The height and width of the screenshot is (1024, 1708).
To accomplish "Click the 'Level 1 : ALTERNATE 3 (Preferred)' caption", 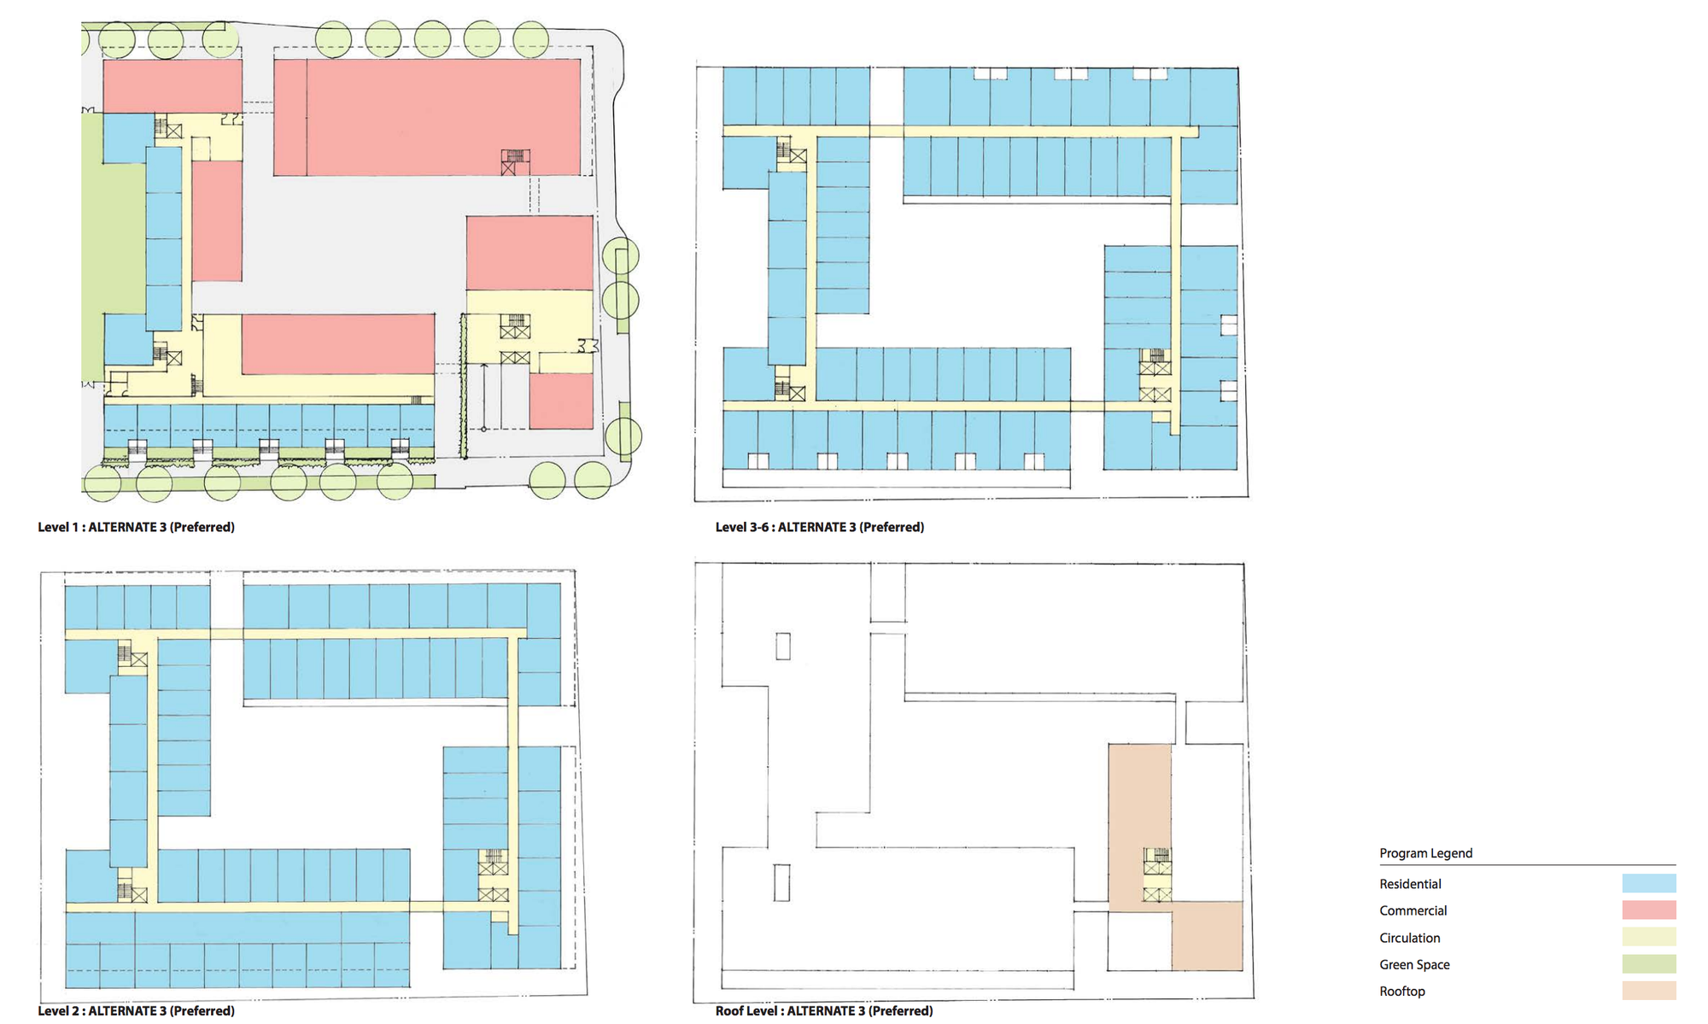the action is pos(136,527).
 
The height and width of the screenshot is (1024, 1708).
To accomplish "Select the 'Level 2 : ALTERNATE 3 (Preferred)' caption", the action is pos(136,1010).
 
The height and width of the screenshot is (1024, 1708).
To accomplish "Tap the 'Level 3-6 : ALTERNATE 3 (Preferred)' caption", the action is pos(820,527).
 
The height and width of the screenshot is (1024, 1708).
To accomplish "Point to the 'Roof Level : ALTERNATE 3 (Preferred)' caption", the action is pos(824,1010).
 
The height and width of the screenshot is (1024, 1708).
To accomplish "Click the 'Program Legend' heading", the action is pos(1426,853).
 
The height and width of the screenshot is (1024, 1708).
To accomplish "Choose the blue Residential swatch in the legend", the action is pos(1649,883).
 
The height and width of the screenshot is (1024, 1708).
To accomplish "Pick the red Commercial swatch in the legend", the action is pos(1649,910).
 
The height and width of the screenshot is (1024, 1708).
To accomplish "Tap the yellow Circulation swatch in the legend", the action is pos(1649,937).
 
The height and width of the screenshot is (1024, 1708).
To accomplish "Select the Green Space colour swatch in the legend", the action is pos(1649,963).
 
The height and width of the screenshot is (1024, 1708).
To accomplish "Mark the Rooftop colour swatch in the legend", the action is pos(1649,991).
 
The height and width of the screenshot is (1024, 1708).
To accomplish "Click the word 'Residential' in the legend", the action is pos(1410,884).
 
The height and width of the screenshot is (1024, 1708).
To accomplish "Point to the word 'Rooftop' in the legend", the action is pos(1402,992).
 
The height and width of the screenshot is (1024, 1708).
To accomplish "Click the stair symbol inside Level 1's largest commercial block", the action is pos(515,162).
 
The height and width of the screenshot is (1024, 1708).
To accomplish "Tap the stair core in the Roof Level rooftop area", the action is pos(1157,875).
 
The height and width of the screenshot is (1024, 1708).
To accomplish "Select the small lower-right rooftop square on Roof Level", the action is pos(1207,935).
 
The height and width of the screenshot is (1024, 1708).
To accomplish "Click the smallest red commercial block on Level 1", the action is pos(561,401).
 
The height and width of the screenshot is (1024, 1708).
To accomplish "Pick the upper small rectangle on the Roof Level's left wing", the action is pos(783,646).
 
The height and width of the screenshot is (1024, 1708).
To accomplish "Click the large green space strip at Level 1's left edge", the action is pos(114,248).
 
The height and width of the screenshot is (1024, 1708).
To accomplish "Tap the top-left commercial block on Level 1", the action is pos(173,85).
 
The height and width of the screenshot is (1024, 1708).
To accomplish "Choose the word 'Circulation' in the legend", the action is pos(1410,938).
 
